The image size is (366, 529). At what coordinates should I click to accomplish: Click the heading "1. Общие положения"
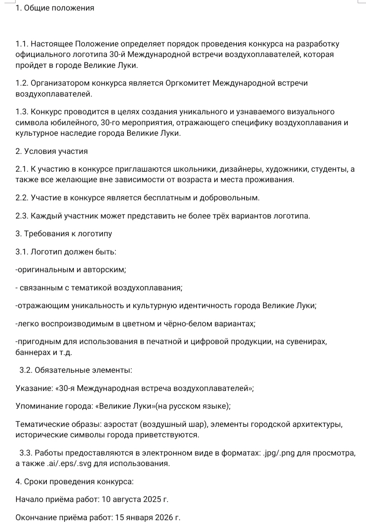pyautogui.click(x=55, y=8)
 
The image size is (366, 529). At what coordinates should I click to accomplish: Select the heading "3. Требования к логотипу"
pyautogui.click(x=64, y=234)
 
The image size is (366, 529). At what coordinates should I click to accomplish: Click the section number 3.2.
pyautogui.click(x=26, y=370)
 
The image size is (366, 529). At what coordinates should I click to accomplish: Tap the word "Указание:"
pyautogui.click(x=34, y=388)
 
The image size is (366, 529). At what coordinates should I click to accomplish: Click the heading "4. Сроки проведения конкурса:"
pyautogui.click(x=74, y=482)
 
